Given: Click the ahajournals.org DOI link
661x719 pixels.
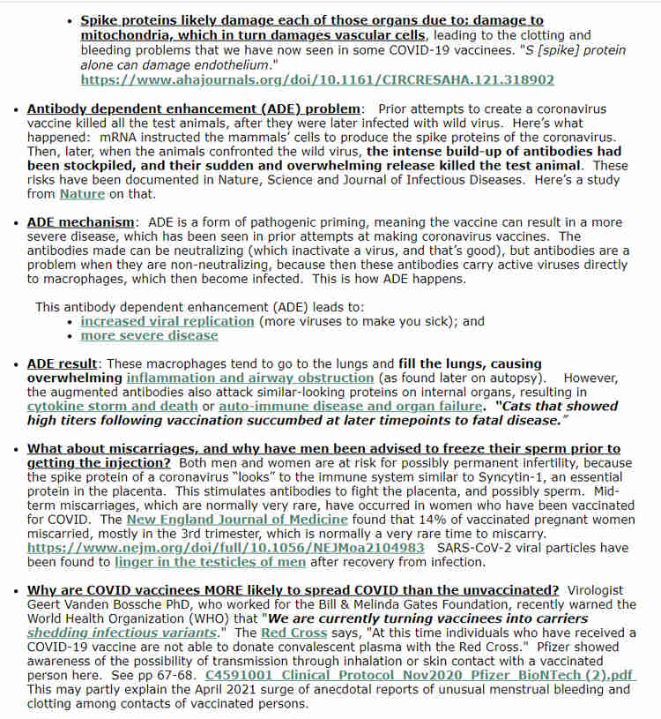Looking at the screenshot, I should [x=317, y=79].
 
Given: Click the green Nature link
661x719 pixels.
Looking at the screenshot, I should [x=82, y=193].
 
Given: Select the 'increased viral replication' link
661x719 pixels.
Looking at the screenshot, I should [x=167, y=321].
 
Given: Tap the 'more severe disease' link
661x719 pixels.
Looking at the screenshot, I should [x=149, y=335].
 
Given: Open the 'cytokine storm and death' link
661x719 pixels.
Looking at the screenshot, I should [x=113, y=406].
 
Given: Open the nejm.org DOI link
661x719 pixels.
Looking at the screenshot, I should [x=226, y=548].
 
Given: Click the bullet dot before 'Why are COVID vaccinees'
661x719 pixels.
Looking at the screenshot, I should [x=18, y=590].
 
